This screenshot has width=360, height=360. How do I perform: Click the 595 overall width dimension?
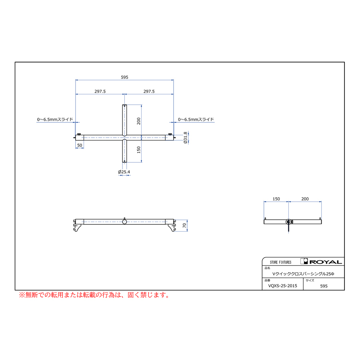pos(124,77)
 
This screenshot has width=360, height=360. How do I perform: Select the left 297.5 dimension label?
pos(100,91)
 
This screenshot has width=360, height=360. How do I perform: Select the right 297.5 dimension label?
pos(149,91)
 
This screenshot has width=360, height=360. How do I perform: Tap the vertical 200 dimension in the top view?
pos(139,121)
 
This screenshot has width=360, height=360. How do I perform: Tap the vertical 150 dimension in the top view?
pos(139,150)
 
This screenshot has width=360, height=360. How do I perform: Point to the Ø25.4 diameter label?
pos(124,172)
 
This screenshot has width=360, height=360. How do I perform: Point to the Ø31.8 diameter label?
pos(185,138)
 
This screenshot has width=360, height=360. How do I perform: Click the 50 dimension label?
pos(80,145)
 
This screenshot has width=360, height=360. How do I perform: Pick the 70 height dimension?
pos(184,226)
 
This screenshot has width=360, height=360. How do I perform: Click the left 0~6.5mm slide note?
pos(55,119)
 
